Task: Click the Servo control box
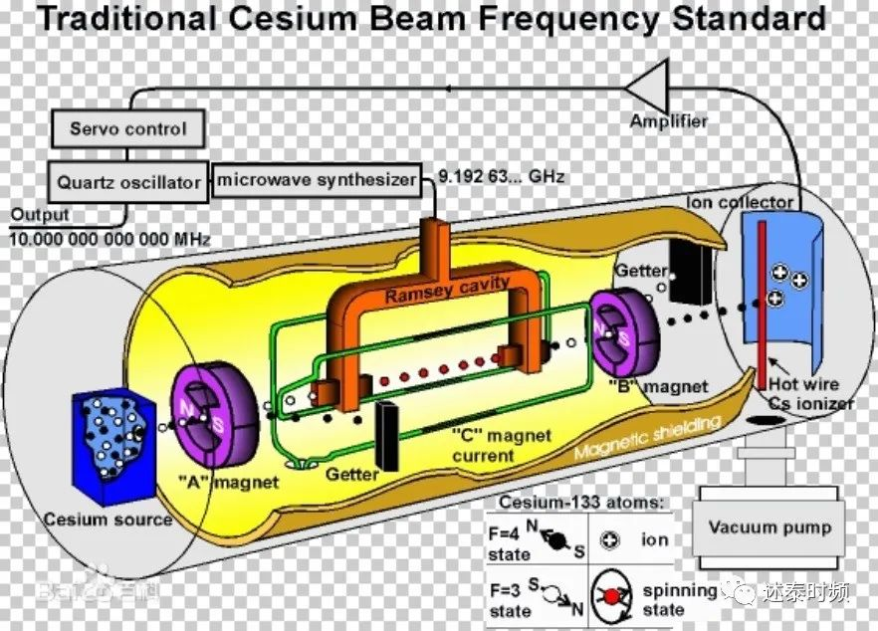pos(127,128)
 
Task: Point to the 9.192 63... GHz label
pos(503,177)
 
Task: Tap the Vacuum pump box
pos(768,526)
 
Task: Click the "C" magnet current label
pos(485,445)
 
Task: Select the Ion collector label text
pos(740,202)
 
